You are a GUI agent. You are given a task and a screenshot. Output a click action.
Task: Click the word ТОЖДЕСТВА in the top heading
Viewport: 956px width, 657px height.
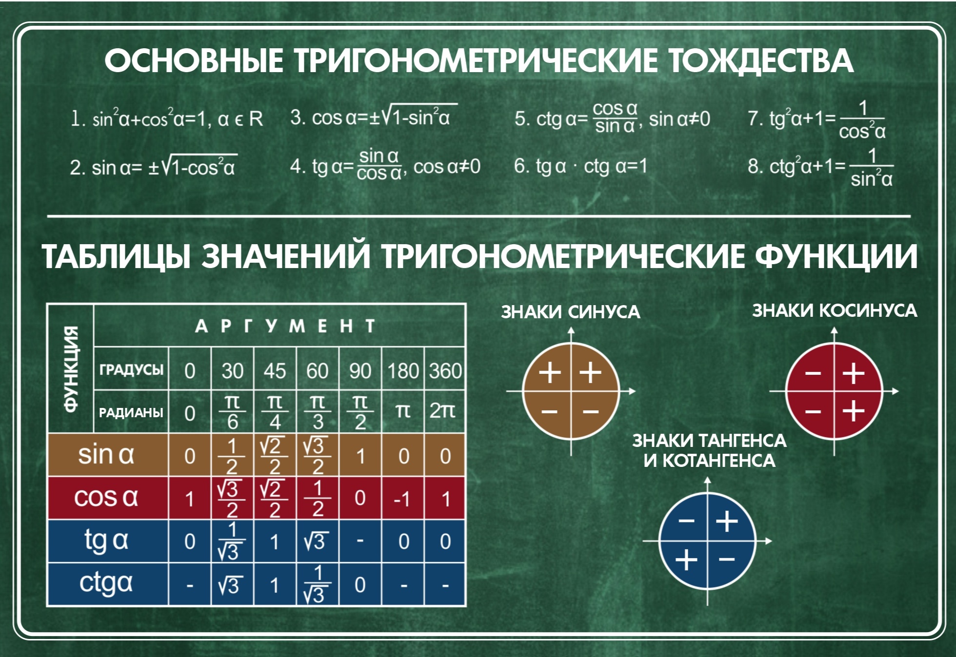pos(761,61)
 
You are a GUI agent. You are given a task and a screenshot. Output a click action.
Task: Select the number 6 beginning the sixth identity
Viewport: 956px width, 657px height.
pos(520,166)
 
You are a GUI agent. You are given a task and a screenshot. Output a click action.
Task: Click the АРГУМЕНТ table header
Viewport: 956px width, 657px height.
pos(285,326)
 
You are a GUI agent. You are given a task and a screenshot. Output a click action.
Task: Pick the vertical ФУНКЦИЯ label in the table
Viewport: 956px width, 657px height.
pos(71,369)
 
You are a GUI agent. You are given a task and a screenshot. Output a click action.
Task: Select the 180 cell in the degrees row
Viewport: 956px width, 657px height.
pos(403,371)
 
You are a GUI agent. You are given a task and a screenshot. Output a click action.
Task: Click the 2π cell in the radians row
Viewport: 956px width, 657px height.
pos(442,411)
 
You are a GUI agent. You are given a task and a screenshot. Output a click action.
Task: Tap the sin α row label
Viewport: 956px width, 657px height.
pos(106,455)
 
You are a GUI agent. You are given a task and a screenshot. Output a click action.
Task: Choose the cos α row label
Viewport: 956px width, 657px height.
pos(106,498)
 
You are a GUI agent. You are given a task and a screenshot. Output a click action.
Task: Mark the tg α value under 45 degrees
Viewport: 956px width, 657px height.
pos(275,542)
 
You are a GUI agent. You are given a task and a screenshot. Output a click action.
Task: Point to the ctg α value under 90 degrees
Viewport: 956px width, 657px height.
pos(360,585)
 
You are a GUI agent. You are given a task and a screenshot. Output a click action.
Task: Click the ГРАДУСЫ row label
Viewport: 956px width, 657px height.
pos(131,369)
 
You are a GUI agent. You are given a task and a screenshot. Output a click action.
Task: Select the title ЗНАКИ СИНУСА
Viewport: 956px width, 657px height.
pos(571,312)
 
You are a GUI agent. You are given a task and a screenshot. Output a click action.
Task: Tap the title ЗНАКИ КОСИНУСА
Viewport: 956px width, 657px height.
pos(835,310)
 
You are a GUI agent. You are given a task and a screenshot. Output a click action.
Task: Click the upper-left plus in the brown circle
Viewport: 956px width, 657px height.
pos(550,373)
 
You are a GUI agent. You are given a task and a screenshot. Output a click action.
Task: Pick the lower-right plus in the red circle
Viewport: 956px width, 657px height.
pos(854,410)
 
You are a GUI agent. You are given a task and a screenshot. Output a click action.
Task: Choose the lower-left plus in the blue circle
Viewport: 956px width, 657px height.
pos(686,560)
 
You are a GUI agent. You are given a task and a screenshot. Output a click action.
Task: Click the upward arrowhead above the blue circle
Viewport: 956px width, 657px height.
pos(708,481)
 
